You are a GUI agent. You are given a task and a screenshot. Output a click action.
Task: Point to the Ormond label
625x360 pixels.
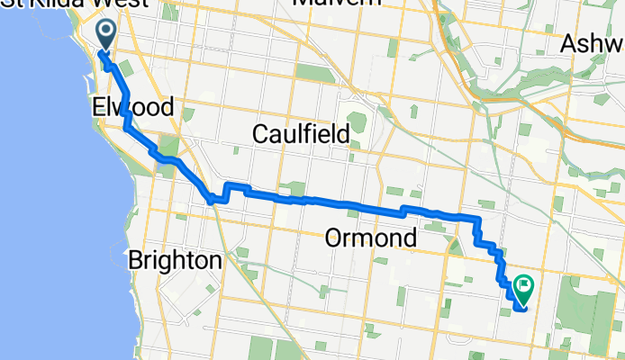point(370,239)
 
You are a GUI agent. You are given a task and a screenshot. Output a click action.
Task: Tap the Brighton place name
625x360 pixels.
point(175,261)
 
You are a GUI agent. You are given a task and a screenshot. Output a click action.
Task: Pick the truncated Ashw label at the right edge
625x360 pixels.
point(592,43)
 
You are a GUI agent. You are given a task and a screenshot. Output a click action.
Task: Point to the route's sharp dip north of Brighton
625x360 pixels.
point(213,201)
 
